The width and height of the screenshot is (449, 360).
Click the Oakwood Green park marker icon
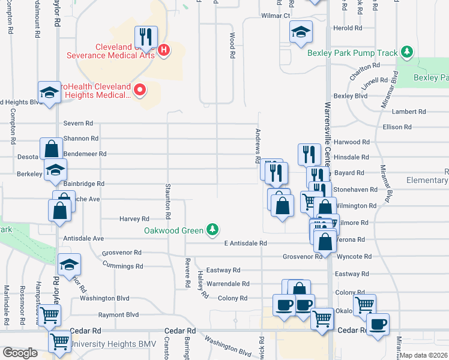(x=212, y=229)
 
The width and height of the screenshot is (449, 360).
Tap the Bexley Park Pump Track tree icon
(x=408, y=52)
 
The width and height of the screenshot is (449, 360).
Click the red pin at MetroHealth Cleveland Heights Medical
(x=140, y=91)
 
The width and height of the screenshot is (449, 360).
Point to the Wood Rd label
(x=232, y=46)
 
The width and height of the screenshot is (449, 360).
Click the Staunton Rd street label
(x=169, y=201)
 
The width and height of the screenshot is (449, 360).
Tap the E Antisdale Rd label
(x=245, y=243)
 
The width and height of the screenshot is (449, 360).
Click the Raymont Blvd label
(x=119, y=314)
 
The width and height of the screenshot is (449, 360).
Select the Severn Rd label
(x=78, y=123)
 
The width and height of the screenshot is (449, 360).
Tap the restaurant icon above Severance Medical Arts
(x=146, y=35)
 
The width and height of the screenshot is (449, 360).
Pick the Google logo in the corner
(x=20, y=353)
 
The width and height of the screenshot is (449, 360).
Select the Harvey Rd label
(x=134, y=219)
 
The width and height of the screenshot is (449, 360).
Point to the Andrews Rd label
(x=258, y=143)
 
